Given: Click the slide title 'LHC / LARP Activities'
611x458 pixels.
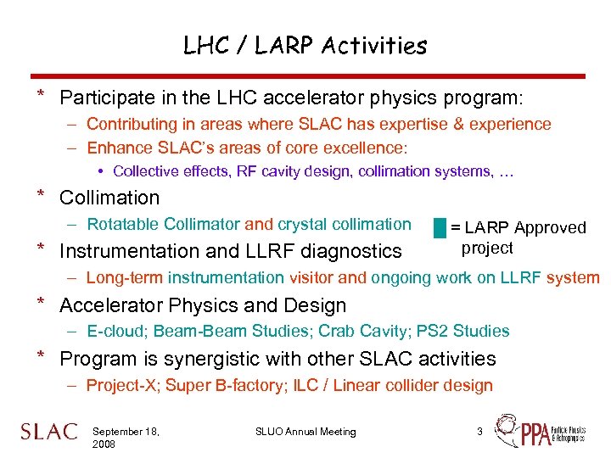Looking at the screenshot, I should [305, 45].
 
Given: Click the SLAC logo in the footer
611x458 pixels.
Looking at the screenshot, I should [48, 432].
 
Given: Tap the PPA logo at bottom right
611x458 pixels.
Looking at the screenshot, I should [539, 432].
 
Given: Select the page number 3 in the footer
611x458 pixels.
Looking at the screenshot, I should [479, 432].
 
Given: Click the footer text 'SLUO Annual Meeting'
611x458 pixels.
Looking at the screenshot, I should [305, 432].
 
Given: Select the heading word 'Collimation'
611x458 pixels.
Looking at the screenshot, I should [109, 198].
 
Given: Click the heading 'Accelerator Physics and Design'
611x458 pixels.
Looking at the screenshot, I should [203, 305].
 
